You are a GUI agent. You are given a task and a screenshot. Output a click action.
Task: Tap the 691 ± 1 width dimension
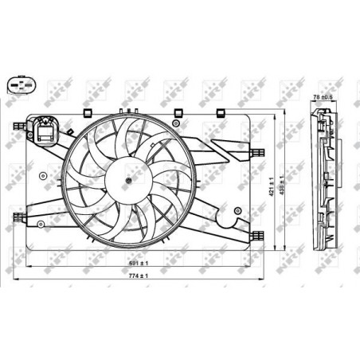pyautogui.click(x=140, y=262)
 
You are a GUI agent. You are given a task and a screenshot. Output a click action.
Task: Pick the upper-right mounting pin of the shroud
pyautogui.click(x=258, y=151)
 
